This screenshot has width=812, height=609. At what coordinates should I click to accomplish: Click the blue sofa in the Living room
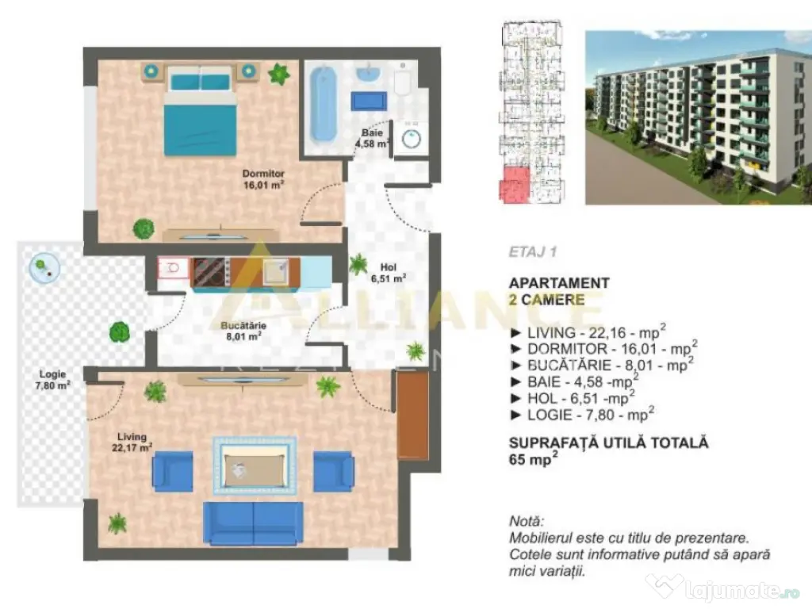(253, 523)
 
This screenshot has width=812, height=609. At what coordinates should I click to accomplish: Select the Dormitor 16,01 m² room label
(263, 180)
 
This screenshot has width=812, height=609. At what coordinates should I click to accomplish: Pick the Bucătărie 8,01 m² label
(243, 330)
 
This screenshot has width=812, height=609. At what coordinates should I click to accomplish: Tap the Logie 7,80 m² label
(53, 379)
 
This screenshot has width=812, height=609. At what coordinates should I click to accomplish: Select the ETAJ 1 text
(533, 253)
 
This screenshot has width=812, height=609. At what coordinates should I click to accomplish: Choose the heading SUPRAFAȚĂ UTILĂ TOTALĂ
(608, 442)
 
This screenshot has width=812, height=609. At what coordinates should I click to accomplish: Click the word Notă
(527, 521)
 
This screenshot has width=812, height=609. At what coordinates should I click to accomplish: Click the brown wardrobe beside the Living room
(412, 416)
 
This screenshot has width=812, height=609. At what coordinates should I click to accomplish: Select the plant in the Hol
(358, 263)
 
